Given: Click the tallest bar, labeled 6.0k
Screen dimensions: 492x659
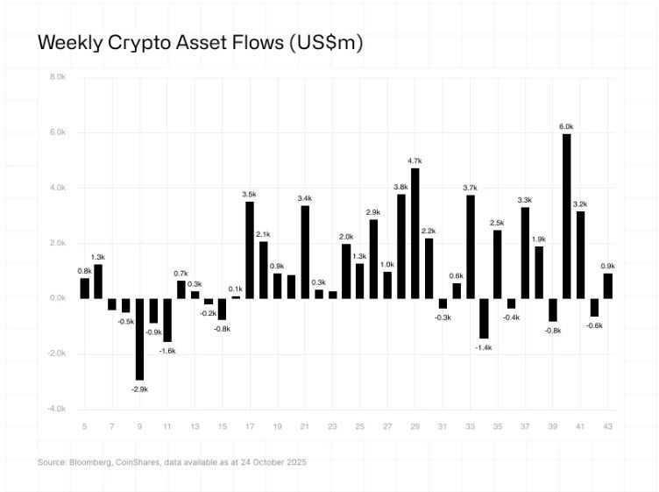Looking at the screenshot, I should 566,216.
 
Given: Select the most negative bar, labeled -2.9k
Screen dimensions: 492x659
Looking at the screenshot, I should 139,339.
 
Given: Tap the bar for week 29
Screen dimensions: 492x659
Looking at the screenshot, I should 415,233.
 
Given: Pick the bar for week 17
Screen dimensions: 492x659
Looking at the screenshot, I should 250,250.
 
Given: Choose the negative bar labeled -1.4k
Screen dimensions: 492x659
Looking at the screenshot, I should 484,317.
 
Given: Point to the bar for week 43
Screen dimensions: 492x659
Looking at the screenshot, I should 607,286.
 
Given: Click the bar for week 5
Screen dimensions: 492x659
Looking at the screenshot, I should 85,288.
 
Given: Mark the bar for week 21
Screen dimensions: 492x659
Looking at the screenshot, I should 305,252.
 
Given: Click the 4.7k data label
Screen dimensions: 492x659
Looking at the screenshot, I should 415,160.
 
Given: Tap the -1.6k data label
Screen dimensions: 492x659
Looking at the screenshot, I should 167,350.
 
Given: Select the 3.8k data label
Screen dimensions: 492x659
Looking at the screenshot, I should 400,187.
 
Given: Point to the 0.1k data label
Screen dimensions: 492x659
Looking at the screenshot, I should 236,289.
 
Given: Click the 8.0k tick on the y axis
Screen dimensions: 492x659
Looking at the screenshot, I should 57,77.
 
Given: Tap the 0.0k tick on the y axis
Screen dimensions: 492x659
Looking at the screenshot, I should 57,298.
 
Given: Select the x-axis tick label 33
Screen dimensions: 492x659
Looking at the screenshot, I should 470,425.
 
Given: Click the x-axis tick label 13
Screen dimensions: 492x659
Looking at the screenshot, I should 195,425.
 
